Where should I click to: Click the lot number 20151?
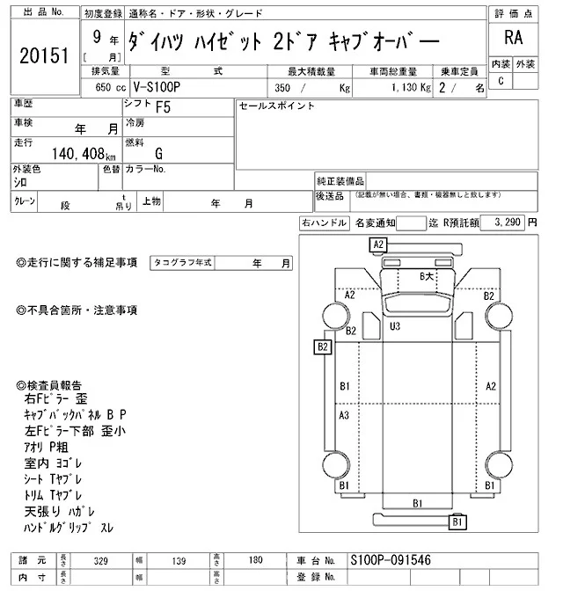coord(43,55)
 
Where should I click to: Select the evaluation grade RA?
coord(512,38)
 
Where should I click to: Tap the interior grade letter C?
coord(501,81)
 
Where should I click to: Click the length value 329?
coord(102,560)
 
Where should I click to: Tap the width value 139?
coord(179,560)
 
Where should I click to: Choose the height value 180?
coord(257,560)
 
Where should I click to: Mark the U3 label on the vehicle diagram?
coord(396,326)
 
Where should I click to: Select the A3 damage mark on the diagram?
coord(345,416)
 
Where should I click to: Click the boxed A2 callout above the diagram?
coord(378,244)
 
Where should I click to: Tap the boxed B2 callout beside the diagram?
coord(323,346)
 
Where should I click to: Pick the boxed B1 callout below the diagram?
coord(457,522)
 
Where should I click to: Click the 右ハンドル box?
coord(324,223)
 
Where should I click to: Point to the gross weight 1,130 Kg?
coord(406,89)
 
